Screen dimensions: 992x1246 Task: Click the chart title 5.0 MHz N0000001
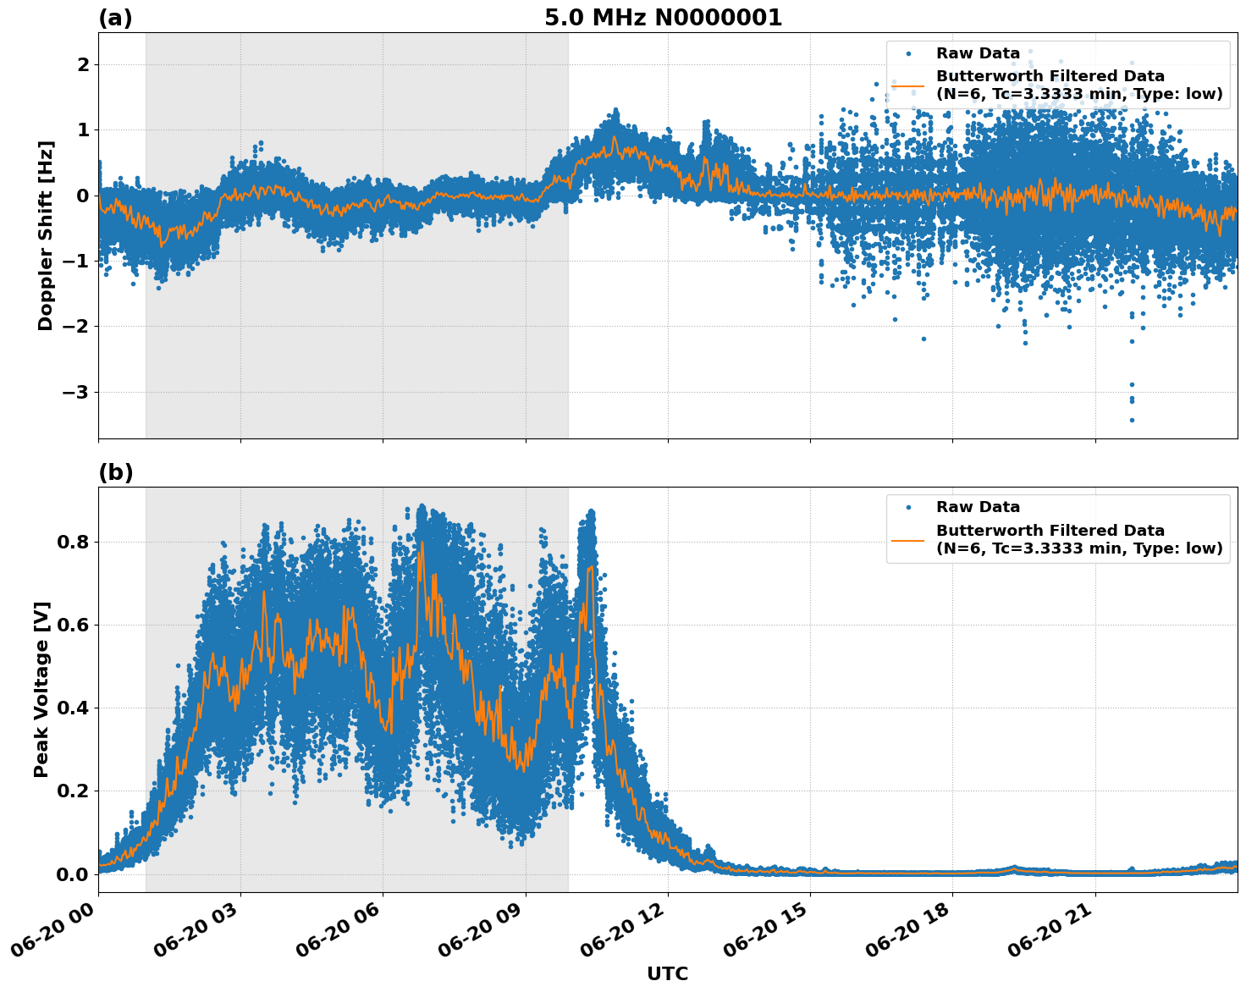(663, 18)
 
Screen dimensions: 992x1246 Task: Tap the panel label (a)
(115, 18)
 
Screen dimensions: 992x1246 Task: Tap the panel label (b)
(115, 472)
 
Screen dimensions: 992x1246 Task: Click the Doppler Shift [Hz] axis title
(46, 235)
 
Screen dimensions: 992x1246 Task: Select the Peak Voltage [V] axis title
(41, 689)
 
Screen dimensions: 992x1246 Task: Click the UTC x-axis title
(667, 973)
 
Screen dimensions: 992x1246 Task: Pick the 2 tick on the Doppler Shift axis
(83, 64)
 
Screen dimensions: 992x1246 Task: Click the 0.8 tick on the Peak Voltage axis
(71, 542)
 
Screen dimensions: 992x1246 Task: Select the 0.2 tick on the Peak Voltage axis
(71, 791)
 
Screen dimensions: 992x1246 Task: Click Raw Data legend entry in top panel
(978, 53)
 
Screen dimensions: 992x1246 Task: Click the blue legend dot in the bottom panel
(908, 507)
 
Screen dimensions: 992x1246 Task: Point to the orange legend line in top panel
(908, 85)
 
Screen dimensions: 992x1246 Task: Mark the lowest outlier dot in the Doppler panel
(1132, 420)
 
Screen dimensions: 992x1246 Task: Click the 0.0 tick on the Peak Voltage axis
(71, 874)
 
